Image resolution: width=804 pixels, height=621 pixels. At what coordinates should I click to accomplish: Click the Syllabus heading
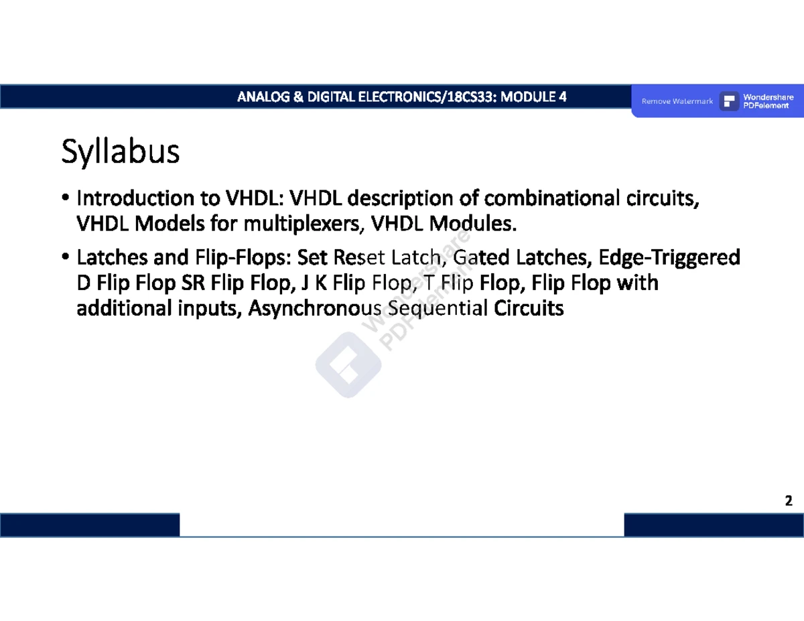(x=120, y=151)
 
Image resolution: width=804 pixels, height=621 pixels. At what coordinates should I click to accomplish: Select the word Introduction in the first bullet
(x=135, y=198)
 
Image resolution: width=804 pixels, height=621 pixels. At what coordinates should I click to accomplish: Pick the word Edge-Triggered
(x=669, y=258)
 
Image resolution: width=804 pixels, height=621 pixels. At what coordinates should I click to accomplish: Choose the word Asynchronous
(x=314, y=308)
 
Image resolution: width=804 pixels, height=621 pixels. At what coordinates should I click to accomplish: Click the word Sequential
(x=438, y=308)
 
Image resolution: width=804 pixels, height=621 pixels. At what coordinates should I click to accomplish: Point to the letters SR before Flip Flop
(x=193, y=283)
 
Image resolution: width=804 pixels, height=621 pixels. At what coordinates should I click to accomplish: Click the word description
(x=400, y=198)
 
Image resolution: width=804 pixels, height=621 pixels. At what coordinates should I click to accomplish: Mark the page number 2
(x=789, y=501)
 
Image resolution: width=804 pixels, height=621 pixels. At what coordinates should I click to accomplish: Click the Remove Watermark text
(x=677, y=101)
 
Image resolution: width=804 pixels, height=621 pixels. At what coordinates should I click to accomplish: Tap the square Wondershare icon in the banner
(x=729, y=101)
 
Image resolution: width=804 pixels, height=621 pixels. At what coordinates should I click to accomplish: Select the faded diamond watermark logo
(x=348, y=364)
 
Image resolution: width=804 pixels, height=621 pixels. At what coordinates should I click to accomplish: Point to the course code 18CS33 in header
(x=470, y=97)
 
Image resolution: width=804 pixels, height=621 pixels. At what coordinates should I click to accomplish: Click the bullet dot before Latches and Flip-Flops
(x=66, y=257)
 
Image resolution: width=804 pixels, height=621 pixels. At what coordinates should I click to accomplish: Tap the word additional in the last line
(x=125, y=307)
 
